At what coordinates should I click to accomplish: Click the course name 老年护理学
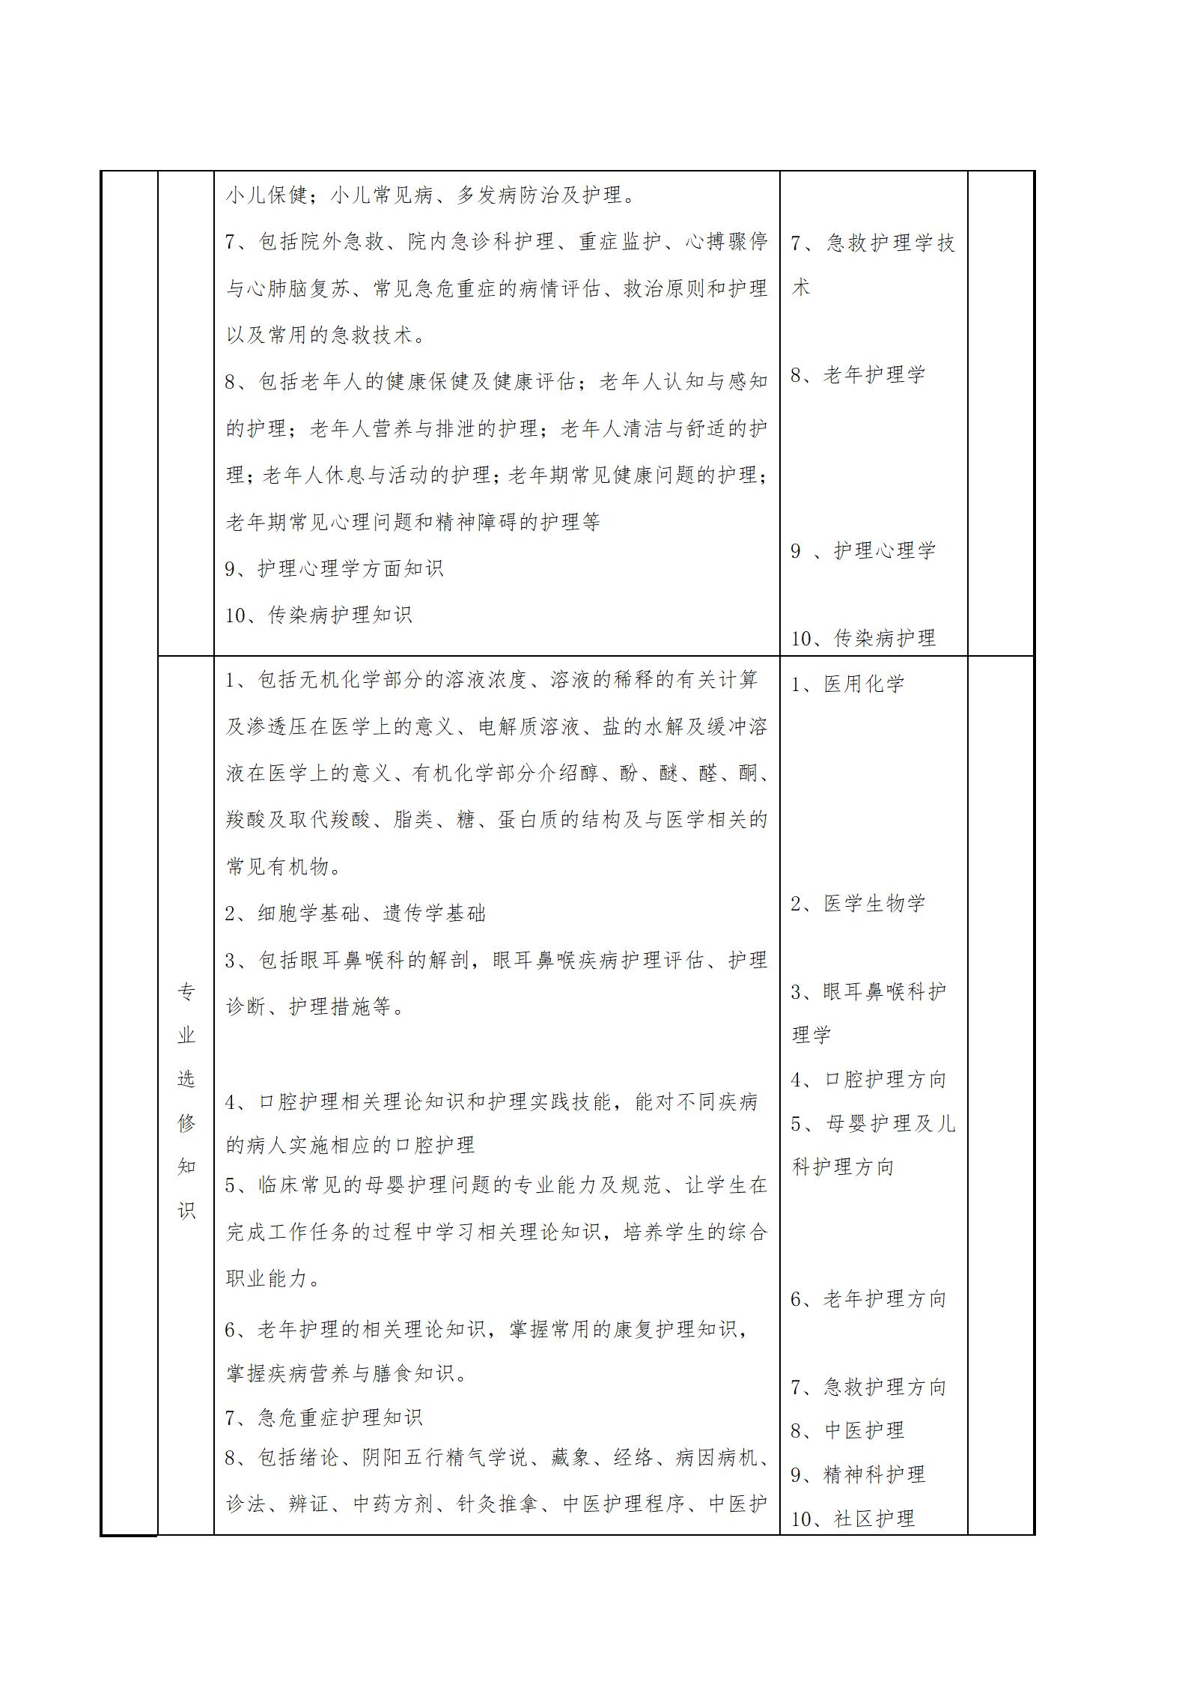tap(874, 375)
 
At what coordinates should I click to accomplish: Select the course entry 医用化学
tap(864, 684)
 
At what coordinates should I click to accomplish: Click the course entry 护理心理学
tap(884, 551)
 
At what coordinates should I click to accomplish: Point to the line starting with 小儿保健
tap(431, 195)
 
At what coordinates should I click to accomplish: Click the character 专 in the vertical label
tap(186, 993)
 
